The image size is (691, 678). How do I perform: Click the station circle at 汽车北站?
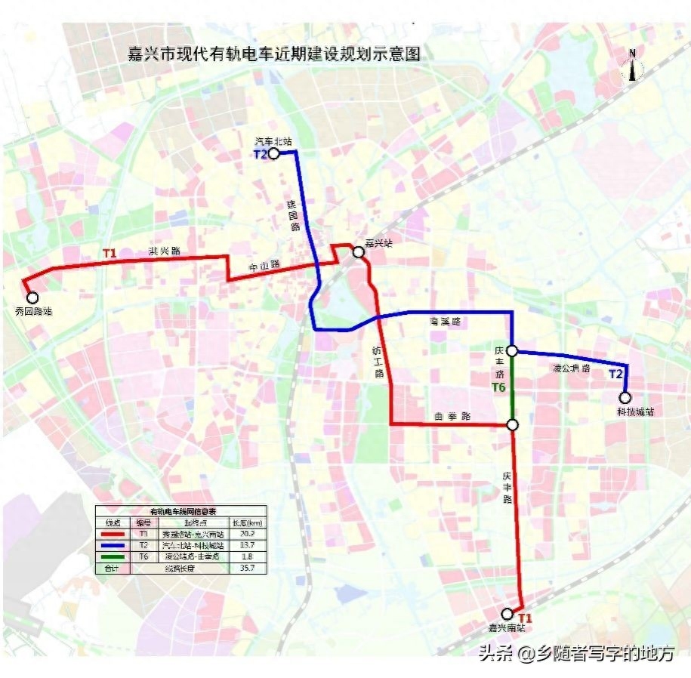274,154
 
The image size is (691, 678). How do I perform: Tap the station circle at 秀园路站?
32,297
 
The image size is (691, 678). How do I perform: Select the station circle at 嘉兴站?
357,253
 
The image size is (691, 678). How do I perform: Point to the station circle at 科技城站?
625,398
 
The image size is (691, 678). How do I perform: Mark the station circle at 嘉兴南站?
507,614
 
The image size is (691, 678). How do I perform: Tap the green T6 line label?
498,388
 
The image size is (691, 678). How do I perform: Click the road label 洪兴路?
164,251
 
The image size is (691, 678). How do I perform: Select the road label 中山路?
265,266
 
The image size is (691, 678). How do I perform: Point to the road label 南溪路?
445,322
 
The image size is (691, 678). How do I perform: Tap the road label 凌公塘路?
571,368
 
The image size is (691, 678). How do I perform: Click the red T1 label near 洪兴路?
110,254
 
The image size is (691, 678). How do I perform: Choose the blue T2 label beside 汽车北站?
260,155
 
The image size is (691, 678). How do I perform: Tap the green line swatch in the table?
113,556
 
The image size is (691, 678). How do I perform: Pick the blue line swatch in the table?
113,545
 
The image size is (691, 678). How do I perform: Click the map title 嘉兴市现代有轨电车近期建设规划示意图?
274,54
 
